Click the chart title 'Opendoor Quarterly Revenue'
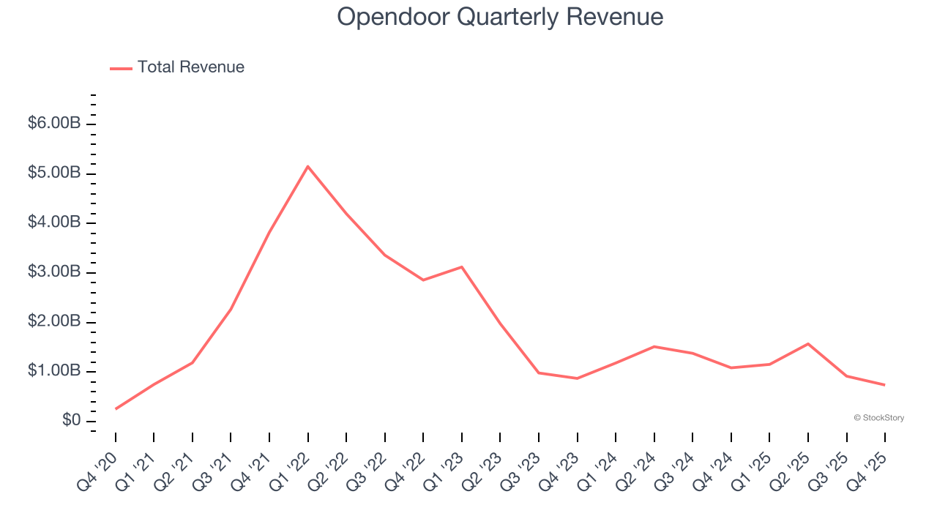click(500, 17)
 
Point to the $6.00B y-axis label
click(54, 124)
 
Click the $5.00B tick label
click(54, 173)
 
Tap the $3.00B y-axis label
click(54, 272)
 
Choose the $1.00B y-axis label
click(54, 371)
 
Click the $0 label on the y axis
click(71, 421)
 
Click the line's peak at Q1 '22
click(308, 166)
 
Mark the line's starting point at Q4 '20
click(116, 408)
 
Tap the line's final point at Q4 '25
click(884, 385)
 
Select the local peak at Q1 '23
click(462, 266)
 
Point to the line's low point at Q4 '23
click(577, 378)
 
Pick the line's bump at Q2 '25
click(807, 343)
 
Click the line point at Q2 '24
click(654, 346)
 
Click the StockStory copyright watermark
click(878, 418)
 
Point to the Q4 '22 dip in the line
click(423, 280)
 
